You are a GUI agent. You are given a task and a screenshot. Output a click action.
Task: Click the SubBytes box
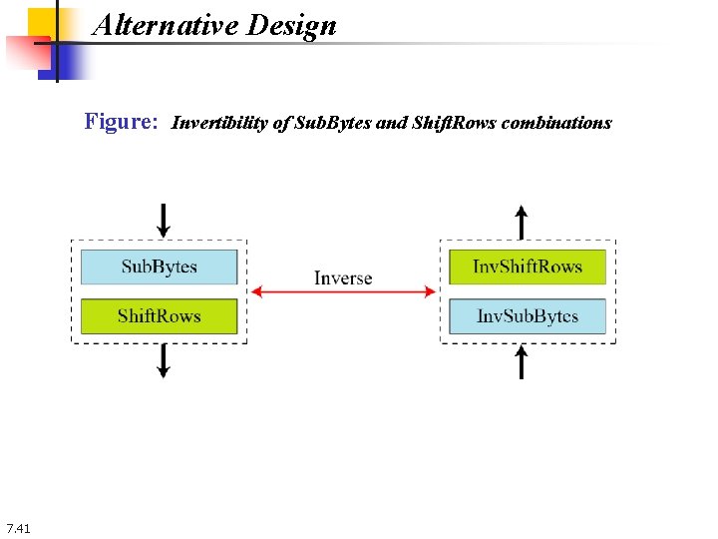tap(159, 267)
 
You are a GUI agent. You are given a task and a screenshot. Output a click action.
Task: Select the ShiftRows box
tap(159, 316)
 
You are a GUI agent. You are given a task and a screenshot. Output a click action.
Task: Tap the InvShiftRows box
tap(528, 267)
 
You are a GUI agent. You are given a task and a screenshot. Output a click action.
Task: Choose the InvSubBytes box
tap(528, 316)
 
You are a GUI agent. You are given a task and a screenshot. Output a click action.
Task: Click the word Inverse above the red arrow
tap(343, 277)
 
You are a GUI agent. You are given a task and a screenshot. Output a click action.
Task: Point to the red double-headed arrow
tap(343, 291)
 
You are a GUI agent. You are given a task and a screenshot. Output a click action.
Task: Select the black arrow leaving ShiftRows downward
tap(164, 361)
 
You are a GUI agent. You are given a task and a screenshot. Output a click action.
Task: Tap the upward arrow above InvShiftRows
tap(521, 221)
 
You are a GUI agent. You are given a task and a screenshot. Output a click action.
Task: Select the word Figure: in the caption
tap(121, 122)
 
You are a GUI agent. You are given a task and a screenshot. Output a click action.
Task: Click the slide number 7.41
tap(18, 527)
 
